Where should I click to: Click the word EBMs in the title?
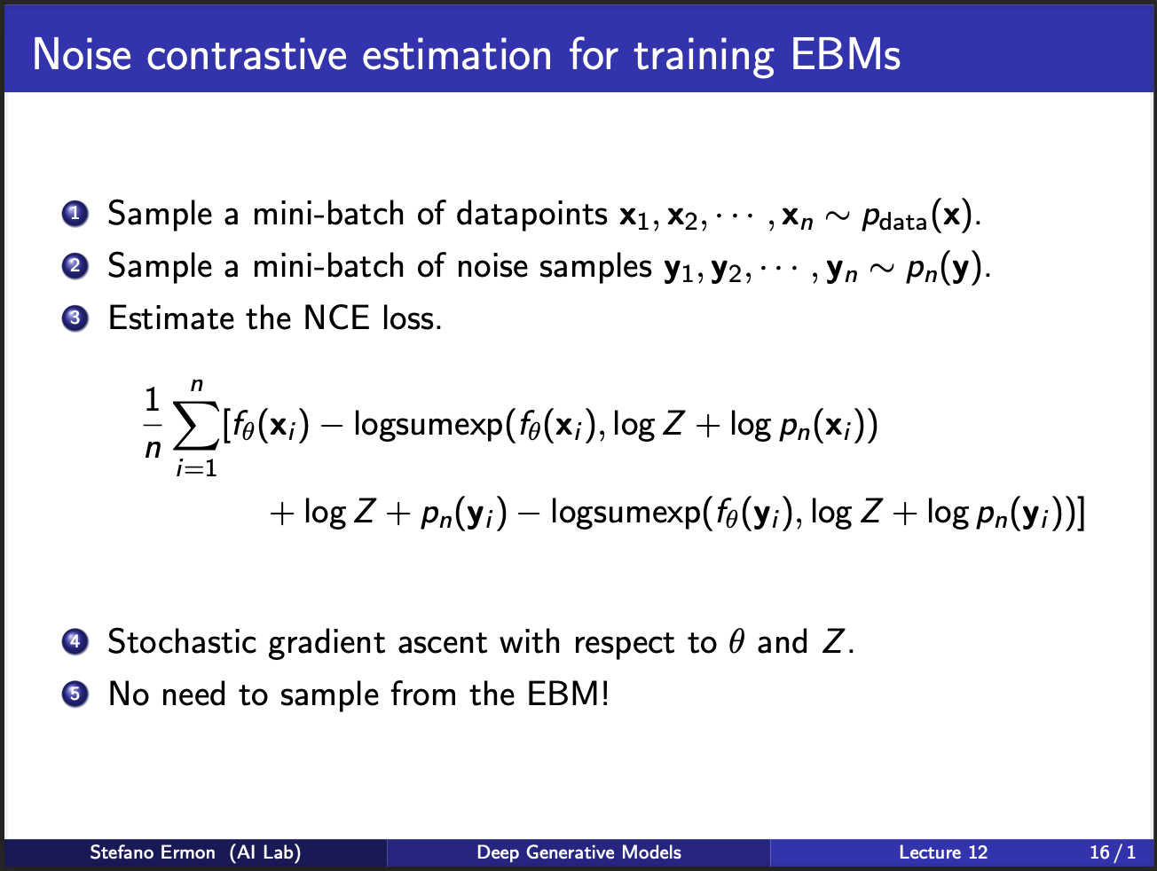tap(846, 54)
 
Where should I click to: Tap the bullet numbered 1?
tap(75, 214)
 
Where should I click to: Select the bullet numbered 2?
tap(75, 266)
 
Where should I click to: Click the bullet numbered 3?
tap(75, 318)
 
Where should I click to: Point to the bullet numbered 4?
tap(75, 642)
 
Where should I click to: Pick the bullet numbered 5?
tap(75, 694)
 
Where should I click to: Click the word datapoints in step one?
tap(531, 215)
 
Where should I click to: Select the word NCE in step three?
tap(336, 318)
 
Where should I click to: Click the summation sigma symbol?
tap(195, 425)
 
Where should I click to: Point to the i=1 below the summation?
tap(197, 468)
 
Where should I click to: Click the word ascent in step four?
tap(442, 643)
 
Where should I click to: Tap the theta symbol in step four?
tap(736, 641)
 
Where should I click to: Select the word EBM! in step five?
tap(568, 694)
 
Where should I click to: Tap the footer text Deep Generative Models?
tap(578, 852)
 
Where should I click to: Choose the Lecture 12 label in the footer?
tap(943, 852)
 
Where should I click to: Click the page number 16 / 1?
tap(1113, 852)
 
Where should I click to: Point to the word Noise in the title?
tap(82, 54)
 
